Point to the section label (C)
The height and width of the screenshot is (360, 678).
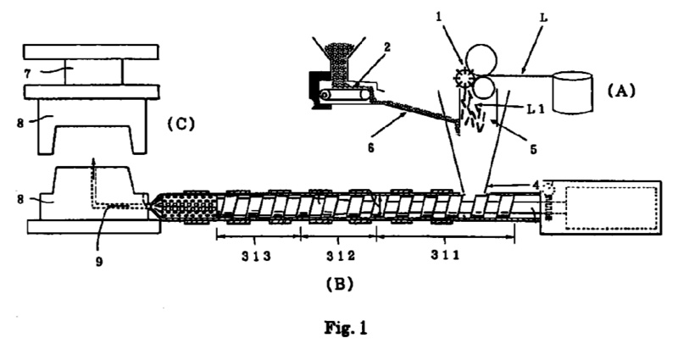click(x=181, y=123)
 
